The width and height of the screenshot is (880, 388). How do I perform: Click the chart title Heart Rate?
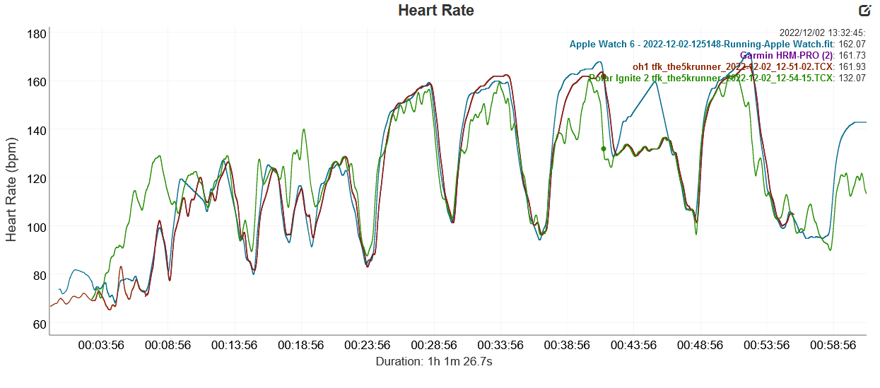click(435, 11)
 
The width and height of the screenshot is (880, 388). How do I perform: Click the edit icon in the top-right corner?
click(864, 10)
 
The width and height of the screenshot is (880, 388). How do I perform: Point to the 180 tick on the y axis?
click(37, 34)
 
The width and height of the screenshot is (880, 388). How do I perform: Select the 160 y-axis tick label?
click(37, 82)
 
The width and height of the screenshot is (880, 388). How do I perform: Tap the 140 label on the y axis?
click(37, 130)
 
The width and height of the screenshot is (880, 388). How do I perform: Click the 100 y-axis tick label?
click(37, 228)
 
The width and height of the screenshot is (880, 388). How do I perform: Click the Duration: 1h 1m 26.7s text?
click(435, 361)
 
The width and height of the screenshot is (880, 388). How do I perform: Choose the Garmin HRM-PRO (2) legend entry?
click(787, 55)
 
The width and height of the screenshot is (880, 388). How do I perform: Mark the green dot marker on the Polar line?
click(603, 149)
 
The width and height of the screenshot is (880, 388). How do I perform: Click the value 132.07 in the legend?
click(852, 78)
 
